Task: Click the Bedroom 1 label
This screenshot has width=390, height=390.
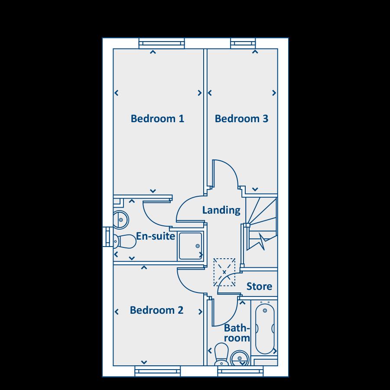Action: (158, 118)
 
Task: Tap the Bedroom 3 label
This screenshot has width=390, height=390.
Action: (241, 118)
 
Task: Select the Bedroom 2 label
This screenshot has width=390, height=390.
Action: (156, 310)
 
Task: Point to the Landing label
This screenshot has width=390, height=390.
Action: (221, 210)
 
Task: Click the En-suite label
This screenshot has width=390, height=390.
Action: (156, 236)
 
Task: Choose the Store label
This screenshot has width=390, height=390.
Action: (259, 286)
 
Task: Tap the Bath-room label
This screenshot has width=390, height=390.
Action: (237, 333)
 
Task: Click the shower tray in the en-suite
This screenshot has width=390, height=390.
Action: (190, 246)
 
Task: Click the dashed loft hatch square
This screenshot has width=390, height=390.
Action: (224, 272)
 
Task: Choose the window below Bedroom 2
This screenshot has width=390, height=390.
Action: (157, 371)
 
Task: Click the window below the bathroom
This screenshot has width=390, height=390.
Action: (240, 371)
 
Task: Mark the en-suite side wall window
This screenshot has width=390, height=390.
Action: (106, 237)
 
